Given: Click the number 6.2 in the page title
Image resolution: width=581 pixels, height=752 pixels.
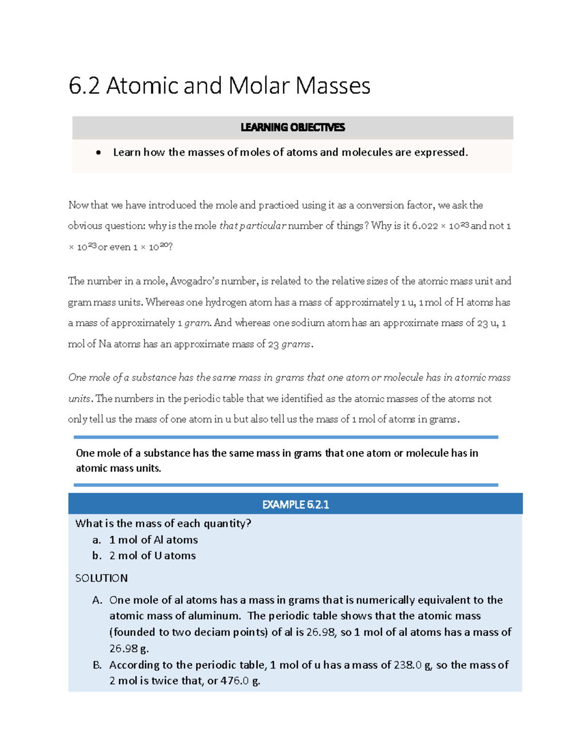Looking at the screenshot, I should point(84,86).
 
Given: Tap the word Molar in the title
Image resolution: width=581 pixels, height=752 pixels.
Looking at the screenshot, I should point(257,86).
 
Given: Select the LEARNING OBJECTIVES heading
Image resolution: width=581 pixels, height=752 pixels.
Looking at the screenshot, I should point(292,127).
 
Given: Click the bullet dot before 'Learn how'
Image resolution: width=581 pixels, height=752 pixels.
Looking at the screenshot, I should point(99,153).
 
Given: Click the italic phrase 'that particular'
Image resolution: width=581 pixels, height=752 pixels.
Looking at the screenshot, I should point(253,226).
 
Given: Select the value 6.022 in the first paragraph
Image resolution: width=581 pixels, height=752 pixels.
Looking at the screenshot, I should point(425,226).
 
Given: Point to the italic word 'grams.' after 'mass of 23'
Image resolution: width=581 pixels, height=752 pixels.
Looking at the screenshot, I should point(297,344).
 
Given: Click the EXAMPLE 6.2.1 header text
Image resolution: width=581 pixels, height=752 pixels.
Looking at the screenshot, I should point(295,505).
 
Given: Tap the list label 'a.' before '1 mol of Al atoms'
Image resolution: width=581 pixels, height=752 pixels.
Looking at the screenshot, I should point(97,540).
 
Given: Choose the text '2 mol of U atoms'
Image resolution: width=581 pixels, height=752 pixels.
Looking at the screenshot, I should point(153,556).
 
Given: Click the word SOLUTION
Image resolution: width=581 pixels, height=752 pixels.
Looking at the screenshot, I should point(102,578).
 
